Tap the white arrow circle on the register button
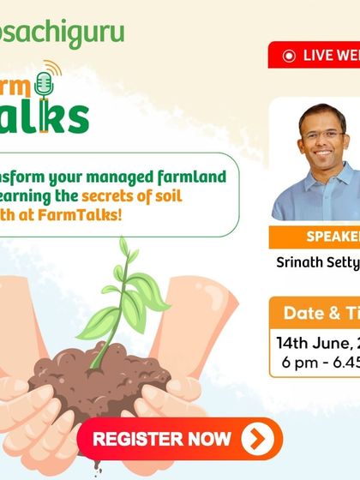[256, 440]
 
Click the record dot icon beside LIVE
[289, 55]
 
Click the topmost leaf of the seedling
[124, 248]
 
